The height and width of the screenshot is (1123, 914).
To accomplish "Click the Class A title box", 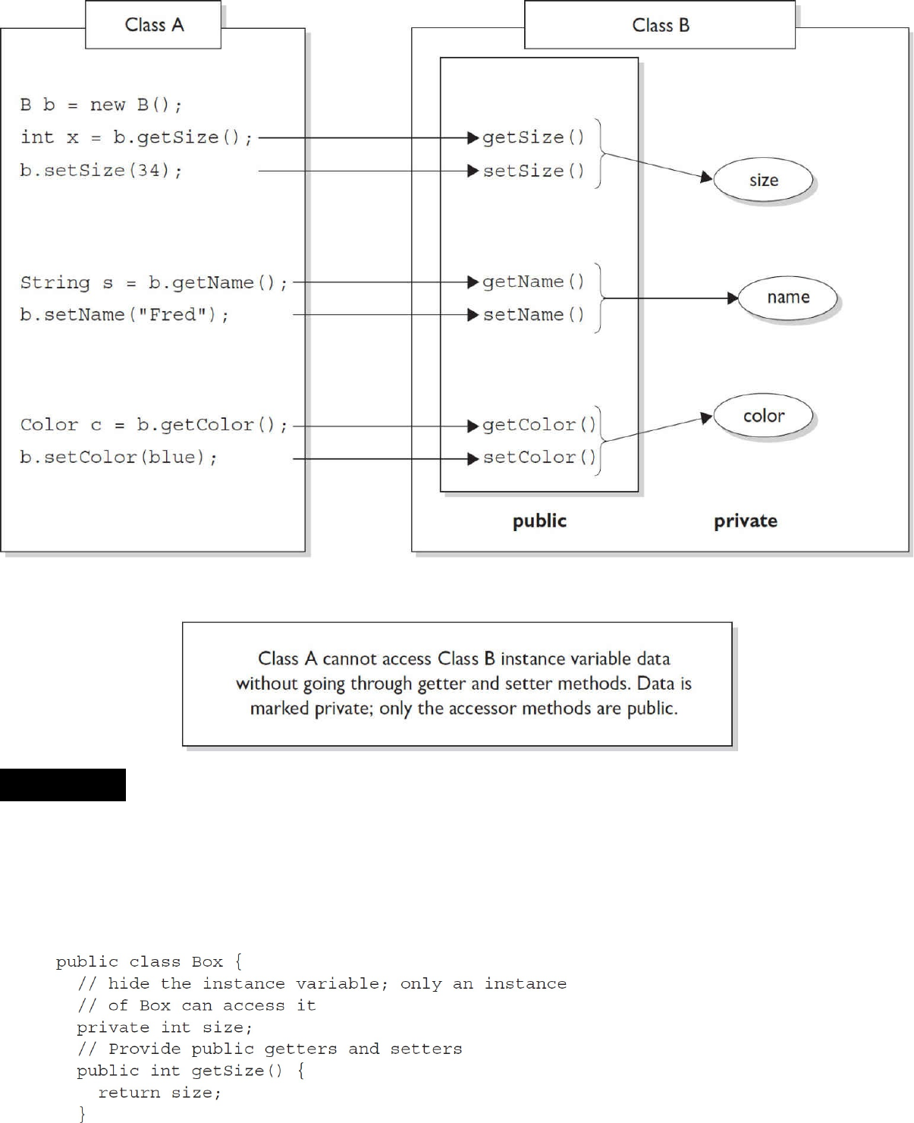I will [x=153, y=25].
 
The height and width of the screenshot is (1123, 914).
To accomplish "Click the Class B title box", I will [x=660, y=25].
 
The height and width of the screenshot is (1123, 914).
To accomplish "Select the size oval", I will [x=763, y=180].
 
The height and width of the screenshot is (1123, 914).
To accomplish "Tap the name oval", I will [x=787, y=297].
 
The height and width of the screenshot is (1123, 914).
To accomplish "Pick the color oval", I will [x=763, y=416].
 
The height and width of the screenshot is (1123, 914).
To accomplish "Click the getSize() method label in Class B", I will [x=534, y=137].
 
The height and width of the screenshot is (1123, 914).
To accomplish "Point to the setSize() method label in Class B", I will [x=534, y=171].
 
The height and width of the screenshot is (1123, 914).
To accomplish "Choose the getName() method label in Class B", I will [x=534, y=282].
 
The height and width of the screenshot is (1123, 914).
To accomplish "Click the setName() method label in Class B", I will [x=534, y=314].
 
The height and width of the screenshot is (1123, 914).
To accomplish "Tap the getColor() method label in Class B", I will [x=539, y=425].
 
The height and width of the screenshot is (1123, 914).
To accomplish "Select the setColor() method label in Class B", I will [x=539, y=458].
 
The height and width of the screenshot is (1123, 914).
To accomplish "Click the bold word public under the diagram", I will [x=539, y=521].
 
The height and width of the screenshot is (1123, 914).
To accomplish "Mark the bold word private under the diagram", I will [x=745, y=521].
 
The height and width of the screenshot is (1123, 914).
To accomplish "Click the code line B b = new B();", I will [x=101, y=105].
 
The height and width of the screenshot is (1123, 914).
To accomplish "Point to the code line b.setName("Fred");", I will [x=124, y=314].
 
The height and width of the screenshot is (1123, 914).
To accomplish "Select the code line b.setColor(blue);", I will [x=118, y=458].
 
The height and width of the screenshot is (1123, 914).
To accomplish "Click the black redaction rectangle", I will [x=63, y=785].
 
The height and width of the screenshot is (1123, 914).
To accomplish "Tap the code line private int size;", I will [x=165, y=1027].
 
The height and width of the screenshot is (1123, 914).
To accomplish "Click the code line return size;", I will [x=159, y=1093].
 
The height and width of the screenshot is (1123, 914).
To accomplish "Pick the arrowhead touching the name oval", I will [x=733, y=298].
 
